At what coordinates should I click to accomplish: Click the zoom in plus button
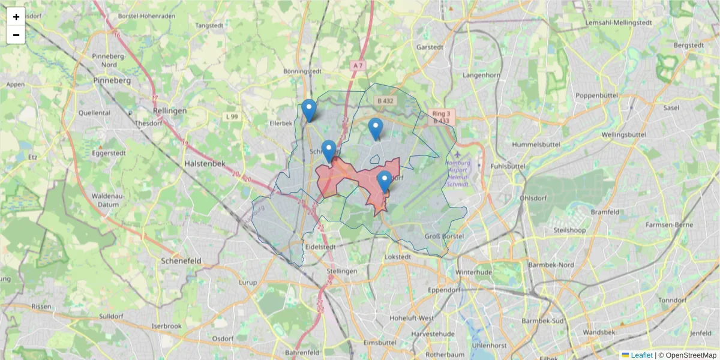coord(16,17)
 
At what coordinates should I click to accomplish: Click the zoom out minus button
coord(16,35)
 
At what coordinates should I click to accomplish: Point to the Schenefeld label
coord(181,261)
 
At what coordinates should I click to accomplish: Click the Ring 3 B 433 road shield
coord(440,117)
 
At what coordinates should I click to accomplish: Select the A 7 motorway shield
coord(358,65)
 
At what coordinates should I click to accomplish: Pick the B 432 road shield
coord(384,101)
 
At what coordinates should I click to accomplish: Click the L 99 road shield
coord(232,116)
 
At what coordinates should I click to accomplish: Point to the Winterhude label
coord(473,272)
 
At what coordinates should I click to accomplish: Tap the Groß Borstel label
coord(444,236)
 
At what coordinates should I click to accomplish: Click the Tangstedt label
coord(209,26)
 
